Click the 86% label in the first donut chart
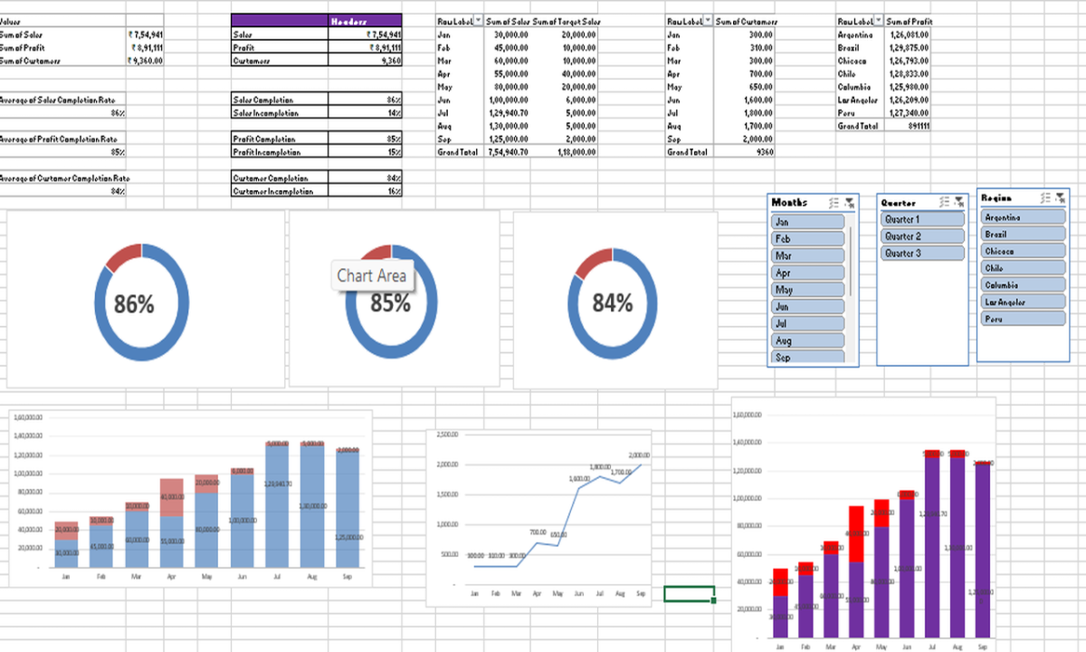click(x=134, y=305)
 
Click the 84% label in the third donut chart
click(x=613, y=303)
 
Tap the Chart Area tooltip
click(x=372, y=275)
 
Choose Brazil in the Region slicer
click(x=1024, y=235)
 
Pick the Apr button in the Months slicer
click(x=808, y=273)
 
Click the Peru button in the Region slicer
click(x=1024, y=319)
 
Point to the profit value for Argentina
click(x=908, y=34)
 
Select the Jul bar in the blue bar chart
click(x=277, y=507)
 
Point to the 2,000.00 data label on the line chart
click(x=638, y=455)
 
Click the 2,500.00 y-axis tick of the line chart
click(x=448, y=436)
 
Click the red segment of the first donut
click(x=122, y=256)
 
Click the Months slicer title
click(x=789, y=203)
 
